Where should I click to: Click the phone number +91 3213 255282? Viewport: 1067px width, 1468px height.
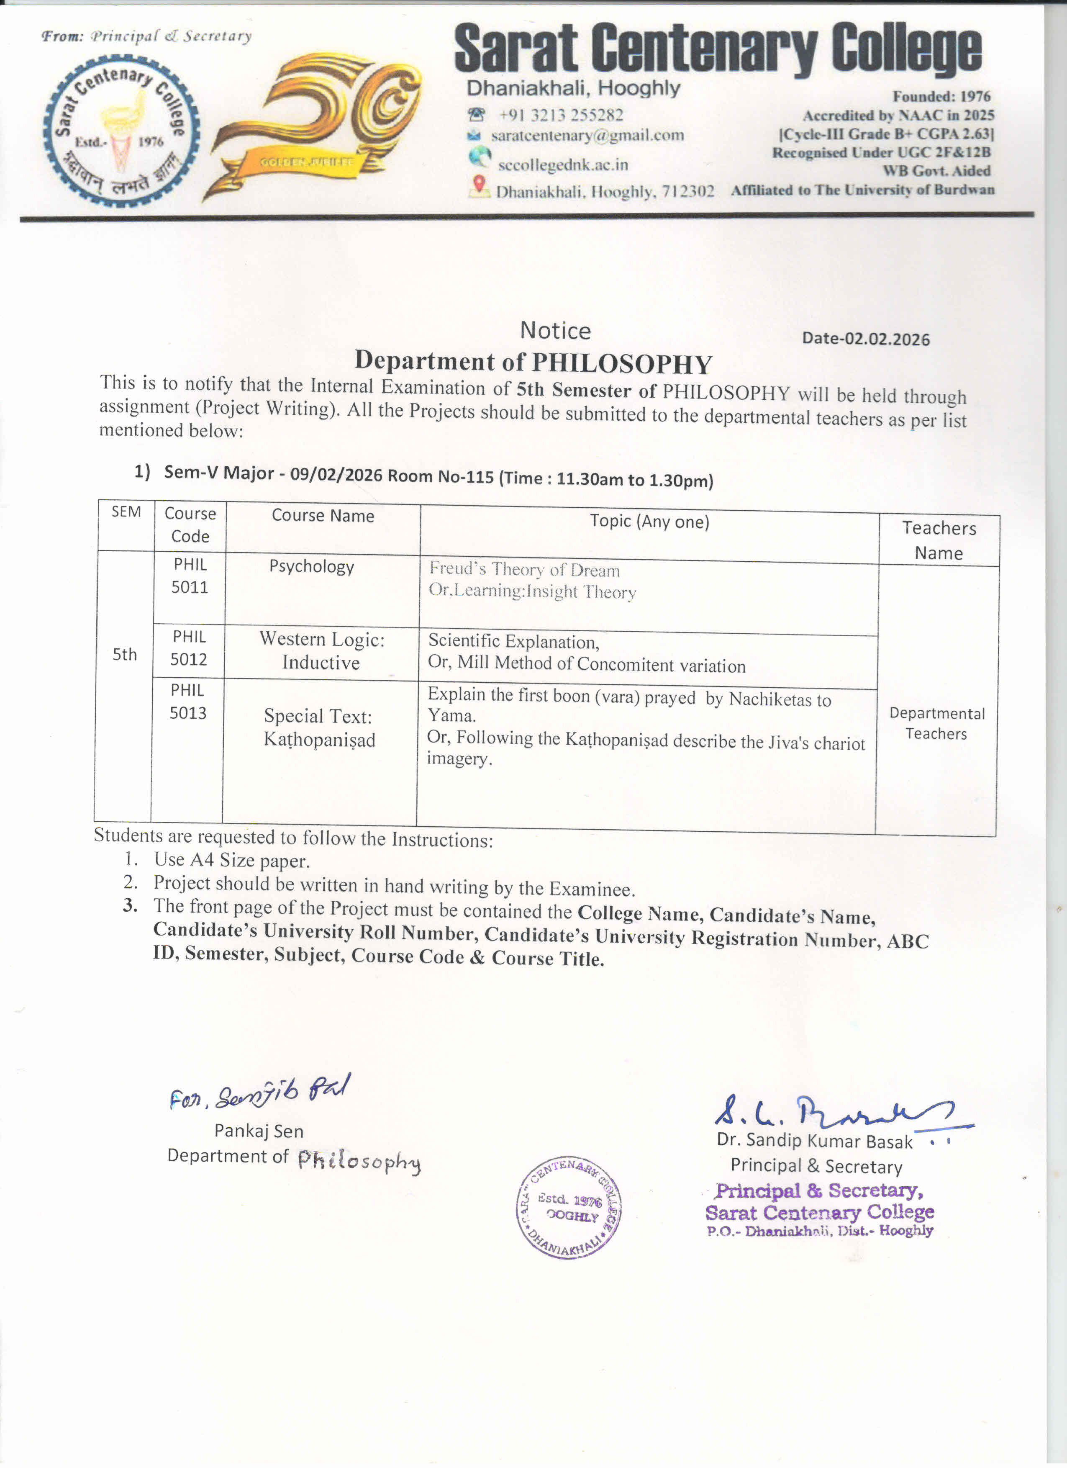[x=560, y=115]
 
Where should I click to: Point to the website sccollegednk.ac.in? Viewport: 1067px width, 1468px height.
[x=562, y=165]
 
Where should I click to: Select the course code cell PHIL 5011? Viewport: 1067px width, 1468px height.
[x=190, y=576]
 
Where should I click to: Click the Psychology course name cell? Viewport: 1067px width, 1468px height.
[x=311, y=567]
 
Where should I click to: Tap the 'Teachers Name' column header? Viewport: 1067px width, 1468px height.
[x=939, y=540]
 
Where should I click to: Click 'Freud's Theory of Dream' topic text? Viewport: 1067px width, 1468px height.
[x=524, y=570]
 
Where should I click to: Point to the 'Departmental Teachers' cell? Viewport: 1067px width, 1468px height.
[x=936, y=724]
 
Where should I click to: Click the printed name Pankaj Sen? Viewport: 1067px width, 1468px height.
[x=259, y=1131]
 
